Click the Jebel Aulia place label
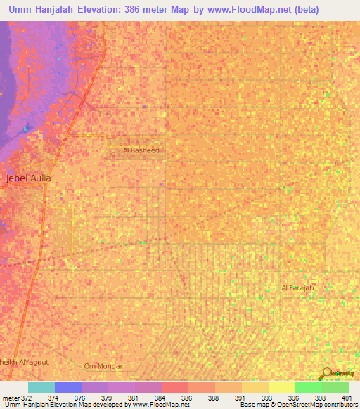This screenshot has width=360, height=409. coord(28,178)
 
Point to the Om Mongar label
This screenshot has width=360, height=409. coord(103,366)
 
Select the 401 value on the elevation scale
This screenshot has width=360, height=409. coord(347,396)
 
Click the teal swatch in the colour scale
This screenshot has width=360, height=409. coord(41,387)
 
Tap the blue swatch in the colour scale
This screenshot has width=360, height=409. coord(68,387)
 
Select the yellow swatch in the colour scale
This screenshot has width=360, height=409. coord(282,387)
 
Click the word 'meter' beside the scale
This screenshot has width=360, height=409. coord(10,396)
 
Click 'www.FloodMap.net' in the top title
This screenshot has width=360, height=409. coord(229,10)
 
